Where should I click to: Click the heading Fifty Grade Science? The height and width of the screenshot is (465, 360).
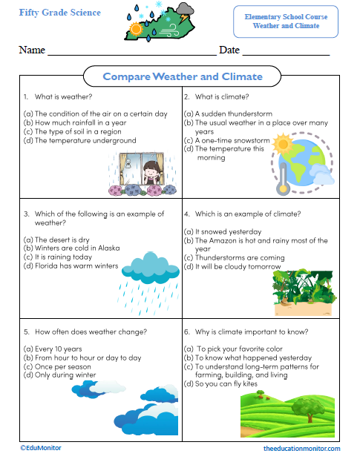tap(60, 13)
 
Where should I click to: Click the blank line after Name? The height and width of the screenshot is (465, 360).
tap(131, 52)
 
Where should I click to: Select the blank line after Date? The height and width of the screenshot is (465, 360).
tap(286, 52)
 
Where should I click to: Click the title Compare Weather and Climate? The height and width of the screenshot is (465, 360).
tap(183, 76)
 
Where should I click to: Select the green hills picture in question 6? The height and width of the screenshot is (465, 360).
tap(289, 415)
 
